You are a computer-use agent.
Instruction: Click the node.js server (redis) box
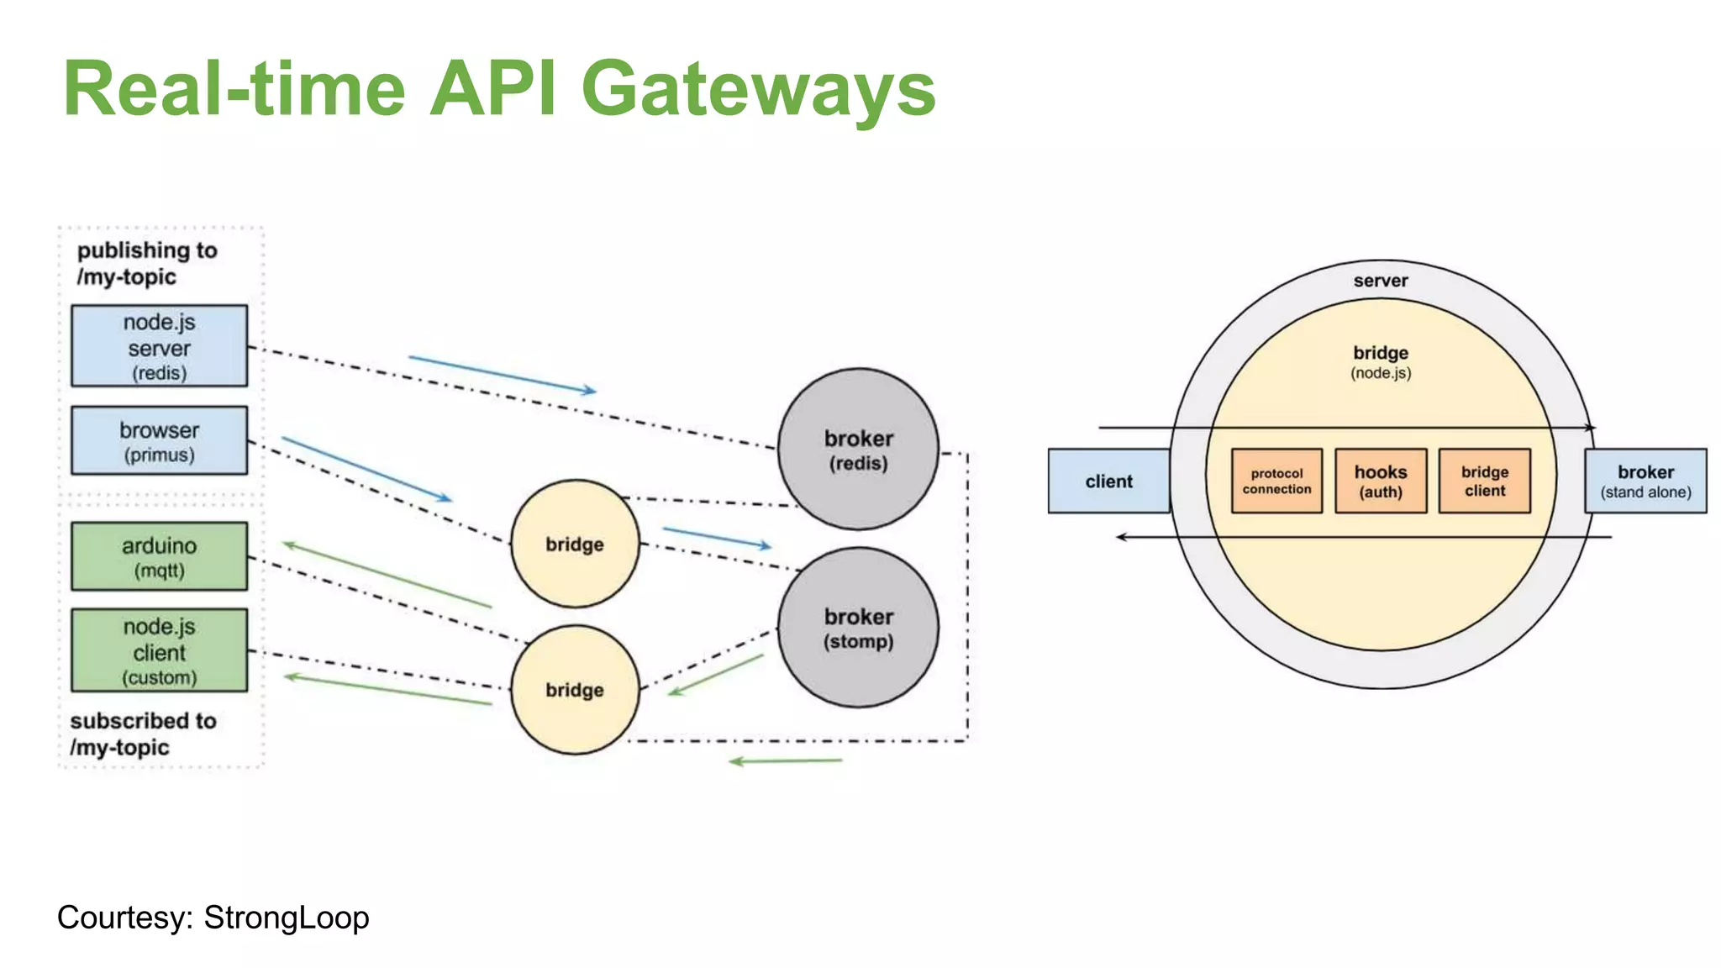coord(159,346)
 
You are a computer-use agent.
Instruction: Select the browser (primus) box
coord(159,441)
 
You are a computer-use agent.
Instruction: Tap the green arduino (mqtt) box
coord(159,556)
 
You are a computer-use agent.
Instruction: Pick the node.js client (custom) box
coord(159,650)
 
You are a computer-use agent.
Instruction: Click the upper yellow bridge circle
coord(575,544)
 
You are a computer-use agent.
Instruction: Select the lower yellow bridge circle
coord(575,689)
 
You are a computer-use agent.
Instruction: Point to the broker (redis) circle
coord(858,450)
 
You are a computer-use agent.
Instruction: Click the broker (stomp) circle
coord(858,628)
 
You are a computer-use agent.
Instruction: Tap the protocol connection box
coord(1276,481)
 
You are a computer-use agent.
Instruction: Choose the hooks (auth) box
coord(1380,481)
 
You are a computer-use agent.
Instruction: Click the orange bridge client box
coord(1484,481)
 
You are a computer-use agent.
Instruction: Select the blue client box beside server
coord(1108,481)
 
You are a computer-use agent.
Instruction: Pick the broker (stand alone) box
coord(1645,481)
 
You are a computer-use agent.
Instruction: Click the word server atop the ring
coord(1380,281)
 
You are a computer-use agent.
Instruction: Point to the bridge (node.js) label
coord(1380,361)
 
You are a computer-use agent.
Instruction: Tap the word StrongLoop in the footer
coord(286,917)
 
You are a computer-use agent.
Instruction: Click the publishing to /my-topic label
coord(146,263)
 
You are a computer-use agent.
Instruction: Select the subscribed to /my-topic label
coord(143,734)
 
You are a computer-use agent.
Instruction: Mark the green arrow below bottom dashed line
coord(785,761)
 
